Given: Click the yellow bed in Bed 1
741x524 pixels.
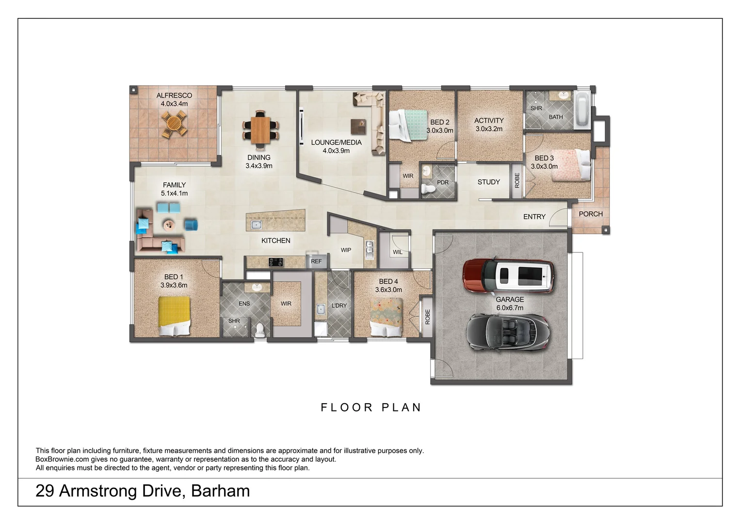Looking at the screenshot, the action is (174, 316).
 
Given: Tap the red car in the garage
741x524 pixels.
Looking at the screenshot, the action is (508, 276).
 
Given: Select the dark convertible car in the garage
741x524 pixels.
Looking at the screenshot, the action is (508, 332).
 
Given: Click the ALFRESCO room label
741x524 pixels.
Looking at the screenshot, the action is (174, 96).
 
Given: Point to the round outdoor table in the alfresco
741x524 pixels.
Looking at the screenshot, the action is (174, 124).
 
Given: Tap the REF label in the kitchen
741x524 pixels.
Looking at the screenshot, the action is (316, 262).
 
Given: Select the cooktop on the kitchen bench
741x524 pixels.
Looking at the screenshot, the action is (275, 262).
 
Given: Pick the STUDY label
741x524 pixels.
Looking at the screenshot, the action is (489, 182).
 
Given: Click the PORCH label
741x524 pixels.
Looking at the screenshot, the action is (591, 214).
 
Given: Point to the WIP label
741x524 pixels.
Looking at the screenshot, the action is (346, 250).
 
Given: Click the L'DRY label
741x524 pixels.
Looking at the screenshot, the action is (339, 306).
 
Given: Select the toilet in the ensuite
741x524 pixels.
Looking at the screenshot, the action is (260, 330).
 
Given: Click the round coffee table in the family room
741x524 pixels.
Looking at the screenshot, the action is (169, 225).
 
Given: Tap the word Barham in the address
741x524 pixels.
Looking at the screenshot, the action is (220, 491).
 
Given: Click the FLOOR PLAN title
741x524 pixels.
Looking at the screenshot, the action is (371, 408).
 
